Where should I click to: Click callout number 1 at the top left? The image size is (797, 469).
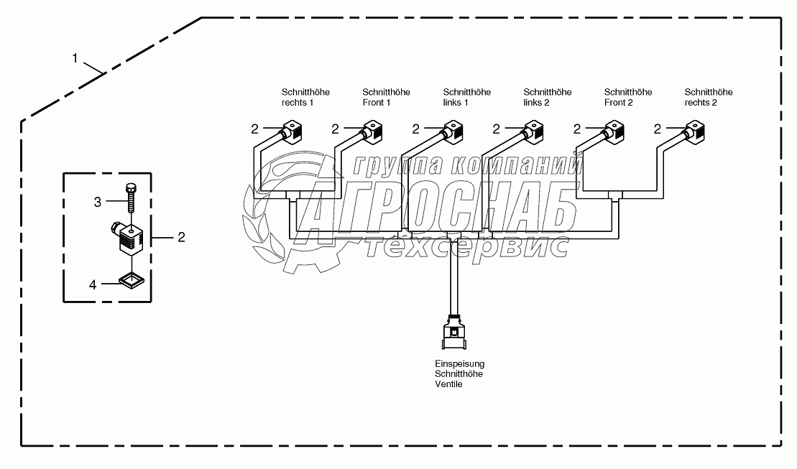(x=75, y=57)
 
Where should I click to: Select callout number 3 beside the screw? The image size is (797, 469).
(x=98, y=203)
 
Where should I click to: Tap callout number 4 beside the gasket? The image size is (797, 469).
(x=93, y=284)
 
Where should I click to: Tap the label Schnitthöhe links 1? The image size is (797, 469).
(x=466, y=97)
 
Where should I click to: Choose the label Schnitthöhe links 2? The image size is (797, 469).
(x=547, y=97)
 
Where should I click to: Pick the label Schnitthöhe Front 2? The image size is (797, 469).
(x=627, y=97)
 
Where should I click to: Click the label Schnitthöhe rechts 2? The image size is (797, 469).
(x=709, y=97)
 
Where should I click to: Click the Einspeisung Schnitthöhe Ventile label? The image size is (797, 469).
(x=459, y=374)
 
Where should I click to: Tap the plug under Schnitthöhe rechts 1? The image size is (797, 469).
(x=293, y=131)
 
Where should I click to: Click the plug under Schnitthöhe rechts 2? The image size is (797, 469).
(x=696, y=131)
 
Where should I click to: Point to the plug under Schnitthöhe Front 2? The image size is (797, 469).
(x=615, y=131)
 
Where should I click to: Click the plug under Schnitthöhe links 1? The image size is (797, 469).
(x=454, y=131)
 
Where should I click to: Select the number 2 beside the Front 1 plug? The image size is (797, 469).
(x=335, y=129)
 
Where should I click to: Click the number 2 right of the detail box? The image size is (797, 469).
(x=181, y=236)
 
